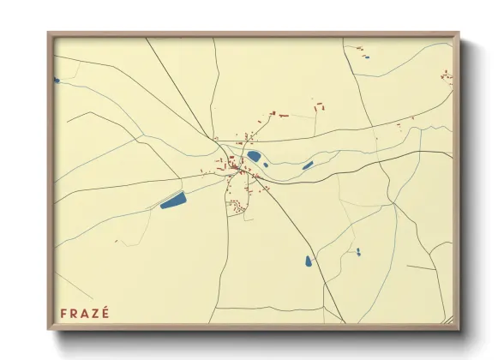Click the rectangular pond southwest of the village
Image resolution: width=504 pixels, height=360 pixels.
tap(173, 201)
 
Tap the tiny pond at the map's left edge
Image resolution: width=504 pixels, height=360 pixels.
tap(56, 81)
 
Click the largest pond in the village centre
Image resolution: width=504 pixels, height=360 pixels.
tap(255, 156)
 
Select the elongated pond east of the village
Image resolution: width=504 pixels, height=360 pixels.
tap(308, 165)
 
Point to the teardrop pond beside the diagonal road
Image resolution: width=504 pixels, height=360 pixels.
tap(309, 261)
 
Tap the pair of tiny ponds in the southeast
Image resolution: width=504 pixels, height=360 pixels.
tap(358, 252)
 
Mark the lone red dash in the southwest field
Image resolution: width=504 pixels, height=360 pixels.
tap(116, 241)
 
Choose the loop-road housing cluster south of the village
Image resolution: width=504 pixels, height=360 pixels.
tap(237, 205)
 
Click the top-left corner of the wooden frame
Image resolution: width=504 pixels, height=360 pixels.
tap(49, 34)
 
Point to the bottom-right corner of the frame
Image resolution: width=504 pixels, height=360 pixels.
tap(458, 329)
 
